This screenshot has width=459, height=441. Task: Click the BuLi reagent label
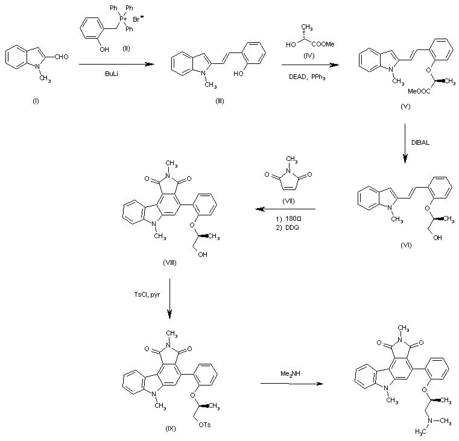(x=111, y=74)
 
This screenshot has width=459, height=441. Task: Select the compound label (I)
(x=36, y=101)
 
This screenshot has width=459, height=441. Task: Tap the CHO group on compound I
(x=61, y=57)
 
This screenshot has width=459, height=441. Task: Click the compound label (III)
(x=220, y=101)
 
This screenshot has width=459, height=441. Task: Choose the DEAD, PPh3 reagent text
(x=307, y=77)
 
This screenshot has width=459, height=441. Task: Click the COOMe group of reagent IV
(x=323, y=44)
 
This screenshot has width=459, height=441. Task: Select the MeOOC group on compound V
(x=419, y=91)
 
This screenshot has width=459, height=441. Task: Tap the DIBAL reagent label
(x=420, y=142)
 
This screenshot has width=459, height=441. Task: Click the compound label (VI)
(x=406, y=246)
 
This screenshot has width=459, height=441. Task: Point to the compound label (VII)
(x=288, y=201)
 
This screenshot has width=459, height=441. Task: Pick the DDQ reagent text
(x=292, y=227)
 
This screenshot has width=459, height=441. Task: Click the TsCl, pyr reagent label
(x=147, y=294)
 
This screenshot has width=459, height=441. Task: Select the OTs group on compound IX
(x=204, y=425)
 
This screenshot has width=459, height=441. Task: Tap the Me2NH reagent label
(x=290, y=374)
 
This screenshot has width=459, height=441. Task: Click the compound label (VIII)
(x=169, y=262)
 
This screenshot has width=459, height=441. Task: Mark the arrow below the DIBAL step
(x=405, y=143)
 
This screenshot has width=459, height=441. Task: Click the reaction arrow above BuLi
(x=116, y=64)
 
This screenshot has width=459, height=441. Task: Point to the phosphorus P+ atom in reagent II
(x=123, y=19)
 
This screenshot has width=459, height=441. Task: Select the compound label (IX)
(x=170, y=429)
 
